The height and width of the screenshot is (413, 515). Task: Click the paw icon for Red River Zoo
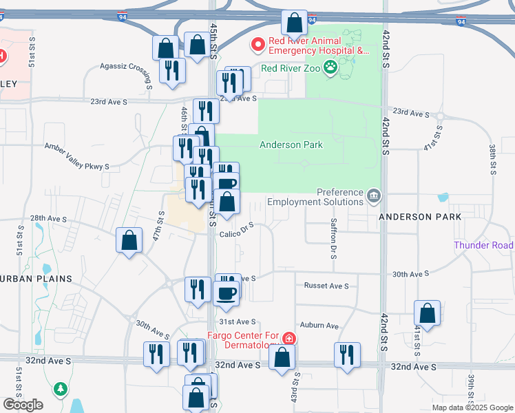pos(331,67)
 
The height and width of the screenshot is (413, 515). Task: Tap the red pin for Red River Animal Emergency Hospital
pos(259,45)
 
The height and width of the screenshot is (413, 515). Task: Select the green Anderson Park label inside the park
pos(291,145)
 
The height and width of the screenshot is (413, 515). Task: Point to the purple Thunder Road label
pos(483,246)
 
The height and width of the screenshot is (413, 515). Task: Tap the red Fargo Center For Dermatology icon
pos(289,338)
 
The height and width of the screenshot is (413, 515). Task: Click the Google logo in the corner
pos(23,405)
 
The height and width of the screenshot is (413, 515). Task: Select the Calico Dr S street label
pos(238,229)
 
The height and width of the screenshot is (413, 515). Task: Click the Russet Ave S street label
pos(326,286)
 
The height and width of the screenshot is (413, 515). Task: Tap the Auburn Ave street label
pos(319,326)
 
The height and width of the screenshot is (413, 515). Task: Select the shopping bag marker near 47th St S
pos(129,241)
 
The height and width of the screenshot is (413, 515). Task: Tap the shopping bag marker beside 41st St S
pos(428,313)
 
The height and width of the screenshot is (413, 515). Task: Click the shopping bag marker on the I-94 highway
pos(295,23)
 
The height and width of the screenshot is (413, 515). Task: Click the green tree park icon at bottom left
pos(61,389)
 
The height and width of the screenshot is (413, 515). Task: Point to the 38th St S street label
pos(493,160)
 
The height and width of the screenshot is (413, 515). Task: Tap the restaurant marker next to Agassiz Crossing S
pos(172,70)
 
